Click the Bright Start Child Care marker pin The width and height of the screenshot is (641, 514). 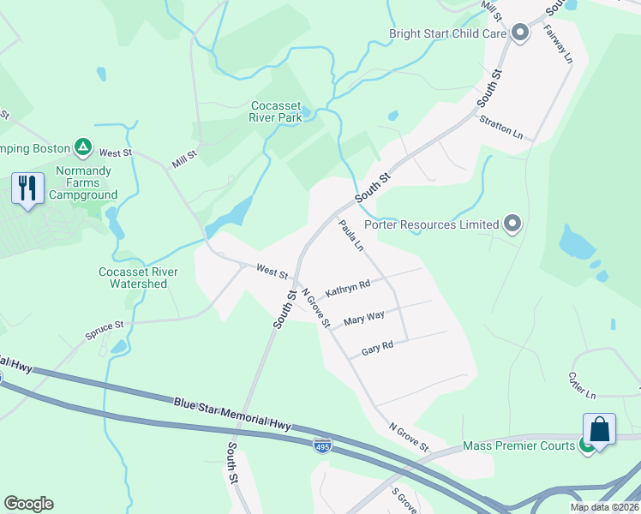519,34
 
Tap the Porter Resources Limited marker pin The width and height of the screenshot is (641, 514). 512,224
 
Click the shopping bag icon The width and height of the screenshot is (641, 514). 600,429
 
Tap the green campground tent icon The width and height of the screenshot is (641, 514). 83,148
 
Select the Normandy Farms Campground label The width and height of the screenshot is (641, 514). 83,183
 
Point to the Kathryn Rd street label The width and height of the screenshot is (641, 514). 348,287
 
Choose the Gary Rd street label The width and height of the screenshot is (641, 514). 377,349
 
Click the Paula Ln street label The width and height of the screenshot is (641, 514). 351,235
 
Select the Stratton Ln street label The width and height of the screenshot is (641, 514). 501,128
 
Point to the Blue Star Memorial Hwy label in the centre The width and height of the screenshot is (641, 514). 232,413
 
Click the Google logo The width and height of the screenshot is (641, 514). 28,504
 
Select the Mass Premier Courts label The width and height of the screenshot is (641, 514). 518,446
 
